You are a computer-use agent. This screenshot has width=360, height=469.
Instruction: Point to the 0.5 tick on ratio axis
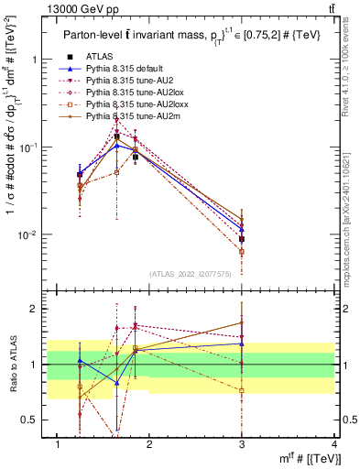[33, 420]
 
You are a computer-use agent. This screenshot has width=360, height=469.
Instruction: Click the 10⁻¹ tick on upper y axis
[30, 147]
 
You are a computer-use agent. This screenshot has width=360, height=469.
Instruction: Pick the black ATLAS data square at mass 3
[242, 239]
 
